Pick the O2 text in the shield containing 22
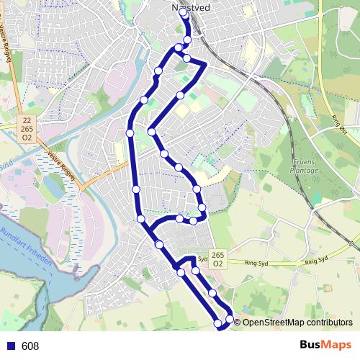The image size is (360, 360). (x=26, y=136)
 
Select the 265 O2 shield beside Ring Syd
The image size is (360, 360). (x=220, y=259)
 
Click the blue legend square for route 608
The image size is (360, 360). (x=10, y=346)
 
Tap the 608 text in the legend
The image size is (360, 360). (x=30, y=346)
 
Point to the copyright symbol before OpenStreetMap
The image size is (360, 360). (x=238, y=323)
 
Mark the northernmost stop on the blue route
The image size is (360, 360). (x=184, y=14)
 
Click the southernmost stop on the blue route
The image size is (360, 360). (x=218, y=325)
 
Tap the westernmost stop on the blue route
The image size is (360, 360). (x=130, y=133)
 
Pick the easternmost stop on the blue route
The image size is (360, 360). (x=230, y=318)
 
